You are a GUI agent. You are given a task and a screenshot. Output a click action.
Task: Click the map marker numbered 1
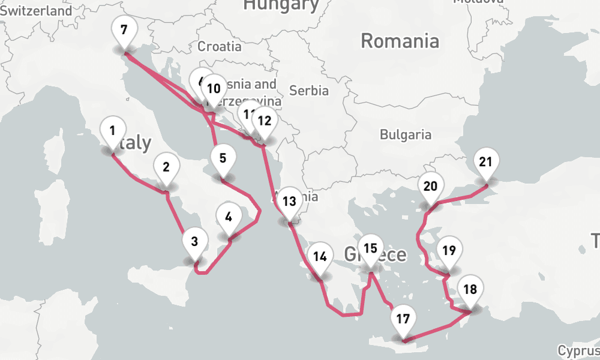(x=112, y=131)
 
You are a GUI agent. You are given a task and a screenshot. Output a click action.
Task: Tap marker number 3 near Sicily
(x=194, y=242)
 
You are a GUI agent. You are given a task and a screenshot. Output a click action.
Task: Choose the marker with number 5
(x=223, y=159)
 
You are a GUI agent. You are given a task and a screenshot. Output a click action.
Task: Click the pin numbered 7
(x=124, y=31)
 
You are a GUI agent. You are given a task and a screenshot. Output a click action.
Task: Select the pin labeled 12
(x=264, y=121)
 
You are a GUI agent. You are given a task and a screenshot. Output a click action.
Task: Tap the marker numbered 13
(x=289, y=202)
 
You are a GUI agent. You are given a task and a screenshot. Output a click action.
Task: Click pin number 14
(x=320, y=257)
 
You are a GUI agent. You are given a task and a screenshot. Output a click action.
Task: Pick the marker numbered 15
(x=371, y=248)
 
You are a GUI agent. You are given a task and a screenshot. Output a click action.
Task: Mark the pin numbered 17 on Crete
(x=403, y=319)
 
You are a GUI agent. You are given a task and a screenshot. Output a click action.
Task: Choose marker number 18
(x=470, y=290)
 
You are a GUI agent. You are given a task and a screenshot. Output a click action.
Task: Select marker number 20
(x=430, y=186)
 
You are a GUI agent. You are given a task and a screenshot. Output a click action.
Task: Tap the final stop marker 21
(x=486, y=162)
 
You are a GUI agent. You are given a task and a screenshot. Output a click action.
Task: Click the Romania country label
(x=400, y=41)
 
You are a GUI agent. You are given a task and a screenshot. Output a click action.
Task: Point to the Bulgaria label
(x=406, y=134)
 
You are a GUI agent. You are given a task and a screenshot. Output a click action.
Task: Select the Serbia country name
(x=309, y=91)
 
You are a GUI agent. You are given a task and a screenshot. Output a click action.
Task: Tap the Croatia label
(x=220, y=46)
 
